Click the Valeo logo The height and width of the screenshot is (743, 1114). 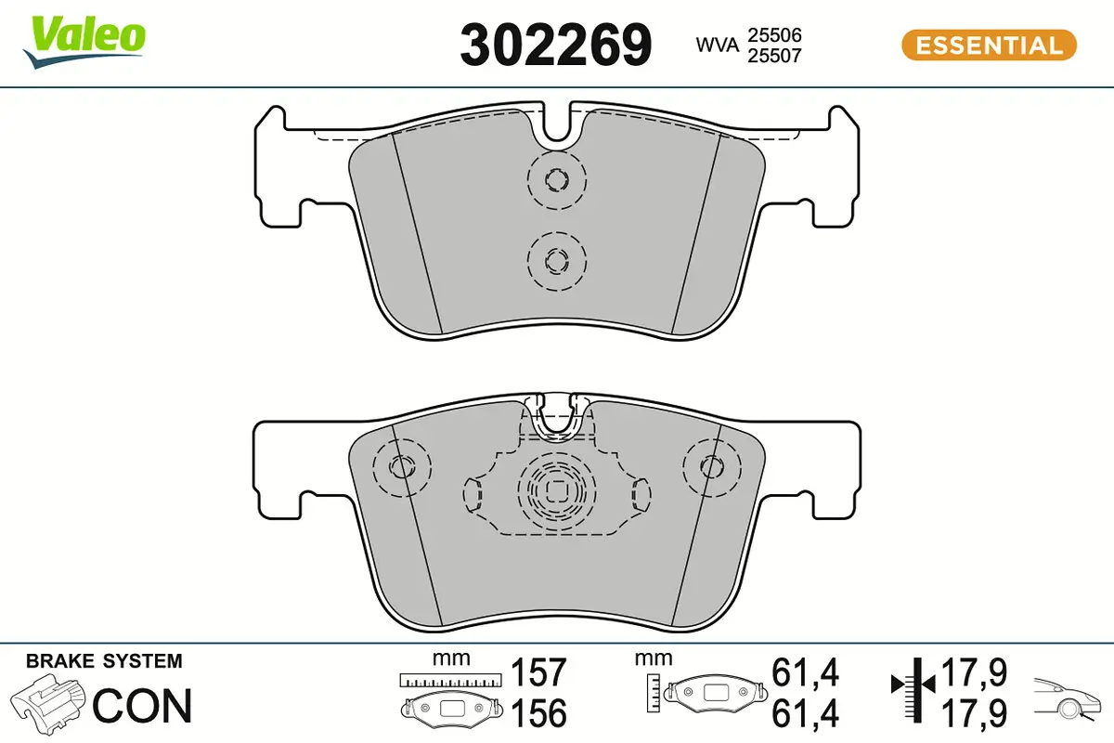tap(84, 43)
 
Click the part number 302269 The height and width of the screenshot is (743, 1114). tap(555, 46)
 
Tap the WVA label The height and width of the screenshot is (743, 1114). tap(717, 46)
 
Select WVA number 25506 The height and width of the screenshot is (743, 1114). tap(775, 35)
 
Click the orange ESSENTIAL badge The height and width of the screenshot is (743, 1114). tap(990, 46)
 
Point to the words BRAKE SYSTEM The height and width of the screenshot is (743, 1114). tap(104, 661)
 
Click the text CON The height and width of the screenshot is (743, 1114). tap(142, 706)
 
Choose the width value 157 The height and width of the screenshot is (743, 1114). tap(538, 672)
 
